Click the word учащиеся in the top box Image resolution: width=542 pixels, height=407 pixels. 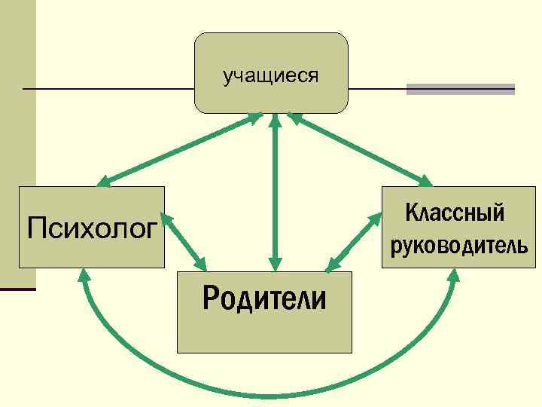(270, 76)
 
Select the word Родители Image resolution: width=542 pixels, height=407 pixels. (264, 298)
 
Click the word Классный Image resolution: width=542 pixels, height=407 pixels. (455, 213)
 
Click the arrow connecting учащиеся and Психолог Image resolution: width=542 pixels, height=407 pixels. (181, 148)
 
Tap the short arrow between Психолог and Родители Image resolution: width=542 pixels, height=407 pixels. (184, 241)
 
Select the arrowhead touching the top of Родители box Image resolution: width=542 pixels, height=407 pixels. (276, 262)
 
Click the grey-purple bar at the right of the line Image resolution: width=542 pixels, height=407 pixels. (460, 89)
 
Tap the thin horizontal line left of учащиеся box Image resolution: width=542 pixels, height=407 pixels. (105, 89)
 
